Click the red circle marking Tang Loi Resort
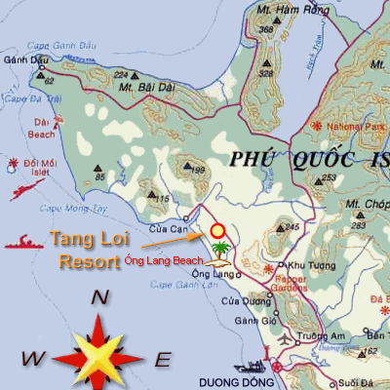pyautogui.click(x=217, y=231)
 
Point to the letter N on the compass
pyautogui.click(x=98, y=299)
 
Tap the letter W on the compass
pyautogui.click(x=31, y=359)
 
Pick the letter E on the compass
pyautogui.click(x=163, y=360)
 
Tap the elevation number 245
pyautogui.click(x=291, y=227)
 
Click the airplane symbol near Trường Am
pyautogui.click(x=284, y=340)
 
